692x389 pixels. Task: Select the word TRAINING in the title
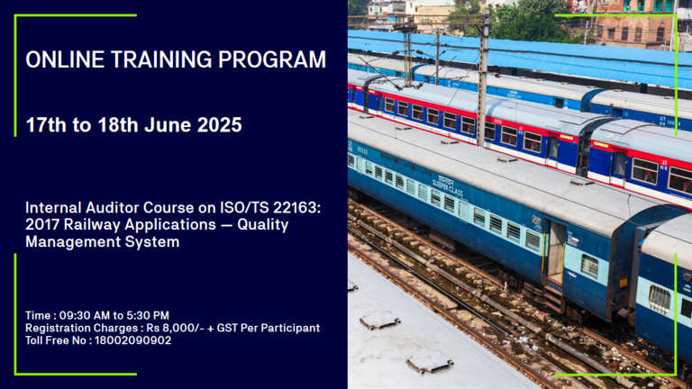tap(161, 59)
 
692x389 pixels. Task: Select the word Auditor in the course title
tap(113, 207)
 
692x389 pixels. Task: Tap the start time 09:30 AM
tap(85, 315)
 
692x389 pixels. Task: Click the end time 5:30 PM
tap(148, 315)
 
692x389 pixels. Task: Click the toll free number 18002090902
tap(132, 340)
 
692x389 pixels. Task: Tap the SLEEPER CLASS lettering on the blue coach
tap(447, 186)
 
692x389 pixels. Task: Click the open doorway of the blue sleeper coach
tap(555, 253)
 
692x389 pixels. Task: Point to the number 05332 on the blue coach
tap(362, 151)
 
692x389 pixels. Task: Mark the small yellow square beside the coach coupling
tap(624, 283)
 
